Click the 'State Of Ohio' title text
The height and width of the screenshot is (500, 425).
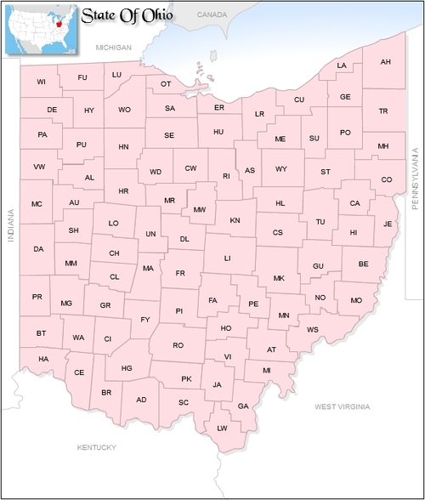point(127,14)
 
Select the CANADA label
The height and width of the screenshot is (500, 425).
point(212,15)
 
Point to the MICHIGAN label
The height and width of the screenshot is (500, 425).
point(115,48)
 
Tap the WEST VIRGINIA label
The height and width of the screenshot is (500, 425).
point(343,407)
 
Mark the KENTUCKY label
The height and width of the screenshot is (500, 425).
point(96,446)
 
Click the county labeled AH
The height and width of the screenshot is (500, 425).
point(385,62)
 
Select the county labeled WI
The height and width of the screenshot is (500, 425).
point(41,82)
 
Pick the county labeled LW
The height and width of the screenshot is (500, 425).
point(222,428)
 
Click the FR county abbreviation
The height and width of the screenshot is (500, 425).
point(179,274)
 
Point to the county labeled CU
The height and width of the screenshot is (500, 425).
point(299,99)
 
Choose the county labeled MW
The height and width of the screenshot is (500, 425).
point(199,209)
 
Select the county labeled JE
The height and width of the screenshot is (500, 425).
point(388,224)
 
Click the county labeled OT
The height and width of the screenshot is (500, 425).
point(166,83)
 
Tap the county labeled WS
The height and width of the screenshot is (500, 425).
point(313,329)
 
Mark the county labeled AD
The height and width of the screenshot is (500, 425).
point(141,400)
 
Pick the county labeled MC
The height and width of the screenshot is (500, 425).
point(37,204)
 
